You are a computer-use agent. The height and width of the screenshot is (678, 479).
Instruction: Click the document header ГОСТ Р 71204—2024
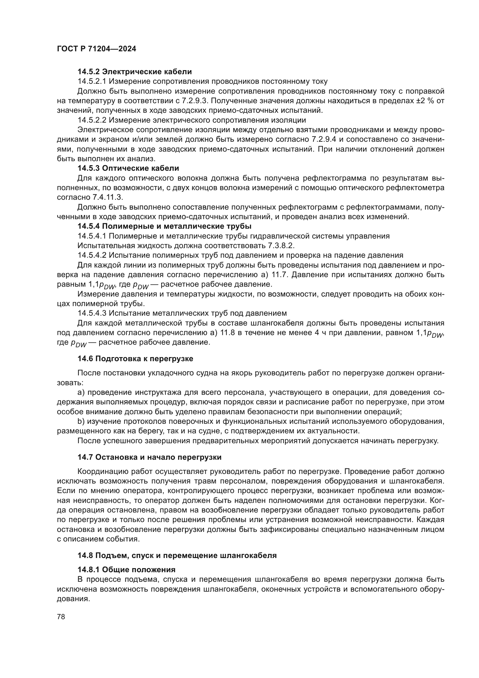click(x=96, y=49)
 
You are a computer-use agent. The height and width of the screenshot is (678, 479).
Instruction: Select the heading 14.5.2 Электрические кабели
click(x=134, y=72)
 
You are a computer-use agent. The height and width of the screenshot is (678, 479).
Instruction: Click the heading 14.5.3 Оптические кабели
click(x=128, y=168)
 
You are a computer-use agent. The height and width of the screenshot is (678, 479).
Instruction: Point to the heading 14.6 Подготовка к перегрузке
click(x=135, y=359)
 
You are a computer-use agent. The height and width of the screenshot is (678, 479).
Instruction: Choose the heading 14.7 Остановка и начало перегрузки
click(x=149, y=457)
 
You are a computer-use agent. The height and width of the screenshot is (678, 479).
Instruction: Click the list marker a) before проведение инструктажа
click(x=81, y=392)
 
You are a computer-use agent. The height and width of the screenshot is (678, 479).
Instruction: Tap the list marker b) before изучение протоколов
click(x=81, y=421)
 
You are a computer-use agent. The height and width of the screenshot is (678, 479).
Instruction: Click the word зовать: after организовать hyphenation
click(x=70, y=383)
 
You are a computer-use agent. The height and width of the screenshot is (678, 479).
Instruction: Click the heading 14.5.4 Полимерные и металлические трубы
click(x=164, y=226)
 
